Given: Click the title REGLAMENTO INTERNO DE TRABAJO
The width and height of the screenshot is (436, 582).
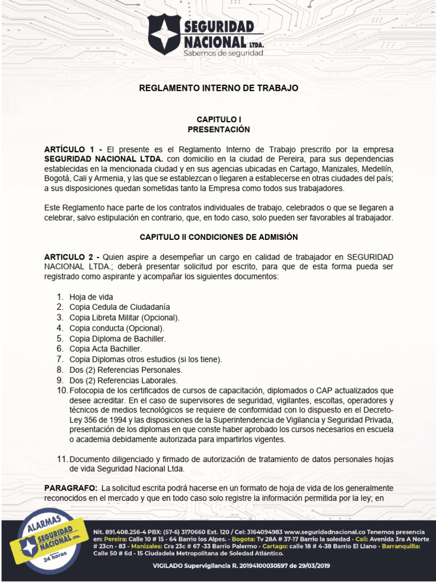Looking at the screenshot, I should tap(219, 88).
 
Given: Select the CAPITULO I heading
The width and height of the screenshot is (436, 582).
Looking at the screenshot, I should tap(219, 119).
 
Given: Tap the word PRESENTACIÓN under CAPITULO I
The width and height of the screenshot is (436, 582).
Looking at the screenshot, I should tap(219, 130).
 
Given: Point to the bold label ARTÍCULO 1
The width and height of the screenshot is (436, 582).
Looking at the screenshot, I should tap(65, 149).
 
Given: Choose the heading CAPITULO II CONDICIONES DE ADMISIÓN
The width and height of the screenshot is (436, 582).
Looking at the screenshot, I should tap(219, 236).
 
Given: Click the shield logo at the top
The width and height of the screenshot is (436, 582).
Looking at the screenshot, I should tap(163, 34).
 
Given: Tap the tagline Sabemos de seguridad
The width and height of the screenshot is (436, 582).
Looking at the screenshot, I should tap(223, 53).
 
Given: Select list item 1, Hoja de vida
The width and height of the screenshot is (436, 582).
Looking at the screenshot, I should tap(91, 297).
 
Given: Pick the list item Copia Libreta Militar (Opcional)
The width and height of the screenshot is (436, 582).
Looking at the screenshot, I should tap(124, 318).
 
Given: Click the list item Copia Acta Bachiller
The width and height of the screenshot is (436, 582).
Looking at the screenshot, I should tap(106, 348).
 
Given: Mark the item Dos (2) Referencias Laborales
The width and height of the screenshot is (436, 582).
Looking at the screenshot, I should tap(123, 380).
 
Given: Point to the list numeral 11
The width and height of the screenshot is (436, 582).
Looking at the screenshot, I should tap(62, 459).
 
